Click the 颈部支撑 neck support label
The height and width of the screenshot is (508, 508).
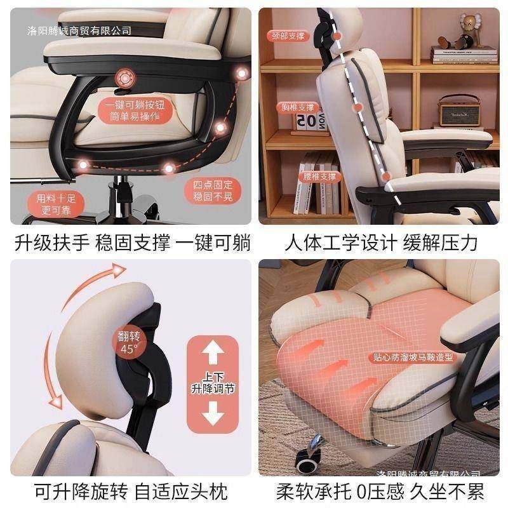[288, 36]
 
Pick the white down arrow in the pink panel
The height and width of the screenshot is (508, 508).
[213, 417]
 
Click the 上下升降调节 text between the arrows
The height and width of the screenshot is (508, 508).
[213, 383]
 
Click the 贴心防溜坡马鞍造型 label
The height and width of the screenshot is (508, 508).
[423, 358]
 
